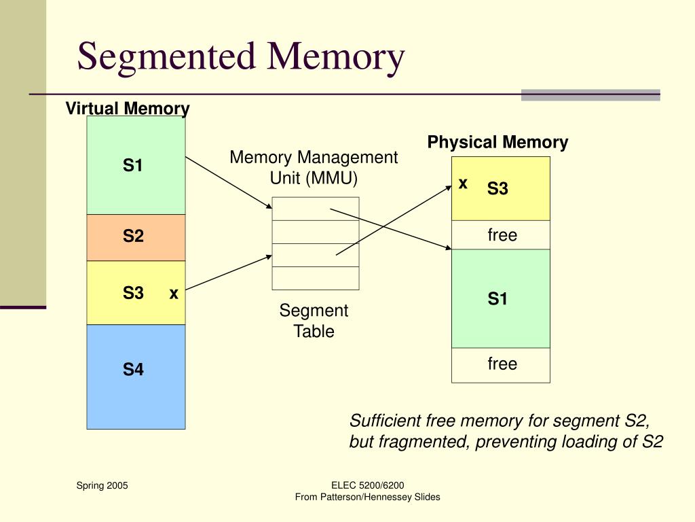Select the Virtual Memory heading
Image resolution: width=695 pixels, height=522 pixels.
tap(128, 109)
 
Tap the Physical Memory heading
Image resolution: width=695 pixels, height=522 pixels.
tap(497, 143)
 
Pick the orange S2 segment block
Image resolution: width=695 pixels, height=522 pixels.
tap(136, 237)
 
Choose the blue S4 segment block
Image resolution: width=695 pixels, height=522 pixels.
tap(136, 377)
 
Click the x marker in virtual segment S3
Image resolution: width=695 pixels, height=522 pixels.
tap(174, 294)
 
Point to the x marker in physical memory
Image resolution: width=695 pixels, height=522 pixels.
tap(463, 184)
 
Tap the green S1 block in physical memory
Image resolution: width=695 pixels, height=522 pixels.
tap(501, 299)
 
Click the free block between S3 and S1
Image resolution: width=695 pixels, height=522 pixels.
tap(501, 235)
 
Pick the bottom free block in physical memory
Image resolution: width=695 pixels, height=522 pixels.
tap(501, 364)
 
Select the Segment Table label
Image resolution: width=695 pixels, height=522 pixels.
tap(314, 321)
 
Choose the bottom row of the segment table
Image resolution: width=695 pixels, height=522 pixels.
tap(316, 278)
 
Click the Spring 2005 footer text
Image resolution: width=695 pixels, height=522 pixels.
tap(102, 485)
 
